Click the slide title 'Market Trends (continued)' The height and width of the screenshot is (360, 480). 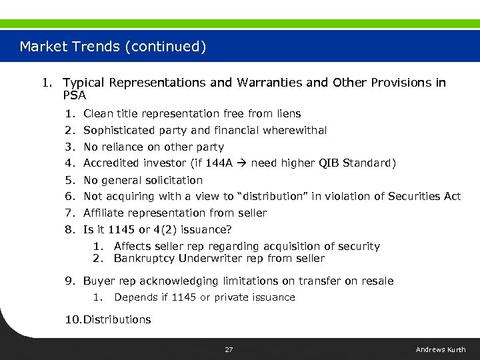[x=113, y=47]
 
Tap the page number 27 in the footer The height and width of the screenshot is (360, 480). [x=229, y=349]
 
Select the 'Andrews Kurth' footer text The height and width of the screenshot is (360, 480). [x=441, y=349]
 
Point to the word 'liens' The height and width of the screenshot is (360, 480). [x=287, y=114]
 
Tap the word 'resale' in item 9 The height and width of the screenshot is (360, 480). [x=377, y=281]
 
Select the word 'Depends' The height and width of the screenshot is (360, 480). [x=136, y=297]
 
